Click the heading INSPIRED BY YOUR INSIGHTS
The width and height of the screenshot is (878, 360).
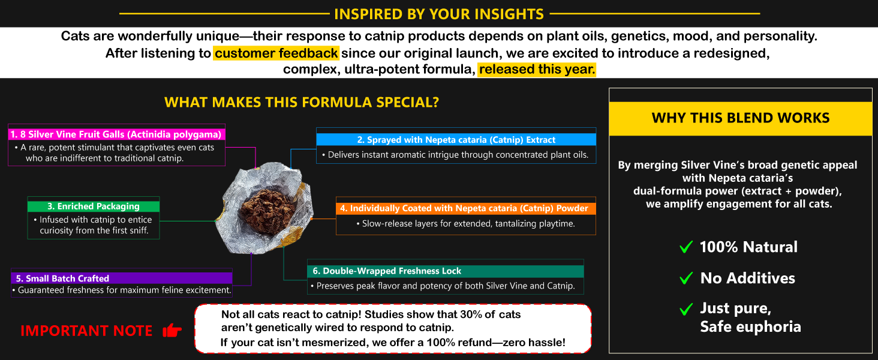coord(439,14)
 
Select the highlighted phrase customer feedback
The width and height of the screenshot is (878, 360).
coord(276,53)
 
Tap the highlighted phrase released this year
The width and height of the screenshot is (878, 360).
coord(537,70)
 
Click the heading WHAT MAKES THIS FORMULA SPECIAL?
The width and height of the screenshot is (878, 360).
coord(302,103)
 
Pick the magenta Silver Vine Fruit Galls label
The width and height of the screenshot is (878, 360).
coord(116,134)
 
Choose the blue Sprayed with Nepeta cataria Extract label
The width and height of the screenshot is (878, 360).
coord(456,140)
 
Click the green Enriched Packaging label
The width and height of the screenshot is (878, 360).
coord(94,206)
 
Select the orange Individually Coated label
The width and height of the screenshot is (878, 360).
coord(465,208)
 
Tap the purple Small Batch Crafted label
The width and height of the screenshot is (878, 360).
coord(122,278)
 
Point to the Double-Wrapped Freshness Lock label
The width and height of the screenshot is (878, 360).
coord(445,271)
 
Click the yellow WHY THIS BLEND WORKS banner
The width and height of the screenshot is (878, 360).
coord(741,118)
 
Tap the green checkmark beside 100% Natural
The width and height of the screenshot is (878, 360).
coord(686,247)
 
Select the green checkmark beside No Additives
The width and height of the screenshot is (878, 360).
coord(686,278)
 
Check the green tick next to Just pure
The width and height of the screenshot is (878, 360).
coord(686,309)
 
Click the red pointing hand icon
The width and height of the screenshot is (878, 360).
coord(172,331)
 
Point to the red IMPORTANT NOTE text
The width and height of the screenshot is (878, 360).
coord(86,331)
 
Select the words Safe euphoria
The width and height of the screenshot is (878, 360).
coord(750,326)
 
